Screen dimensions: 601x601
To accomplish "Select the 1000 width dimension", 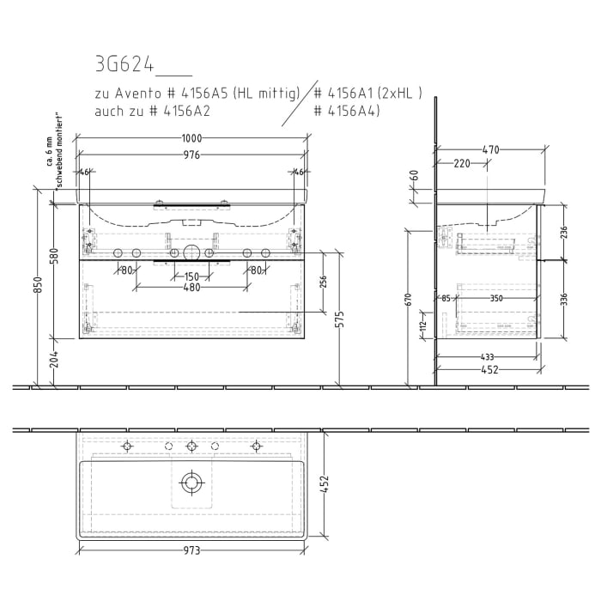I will click(191, 139).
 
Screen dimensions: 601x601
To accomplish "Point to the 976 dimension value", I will click(191, 155).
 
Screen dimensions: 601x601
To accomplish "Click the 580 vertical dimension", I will click(53, 256).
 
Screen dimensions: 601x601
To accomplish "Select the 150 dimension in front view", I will click(191, 276).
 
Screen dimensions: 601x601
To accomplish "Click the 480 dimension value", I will click(191, 288).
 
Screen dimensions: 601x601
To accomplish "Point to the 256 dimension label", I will click(324, 283).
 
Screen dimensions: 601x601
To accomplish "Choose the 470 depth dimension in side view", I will click(490, 150).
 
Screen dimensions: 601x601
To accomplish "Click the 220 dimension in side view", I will click(461, 163).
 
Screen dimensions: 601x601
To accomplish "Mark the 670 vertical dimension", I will click(409, 299).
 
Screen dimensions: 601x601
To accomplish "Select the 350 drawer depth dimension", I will click(495, 299).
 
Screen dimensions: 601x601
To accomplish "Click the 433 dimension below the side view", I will click(486, 357).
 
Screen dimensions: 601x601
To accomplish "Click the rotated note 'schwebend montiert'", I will click(59, 151).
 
